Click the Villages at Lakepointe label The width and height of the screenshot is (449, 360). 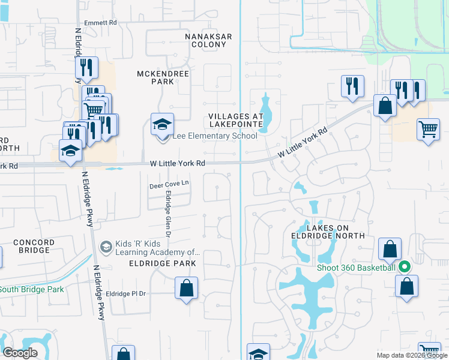point(236,120)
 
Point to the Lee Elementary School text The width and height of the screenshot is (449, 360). point(215,136)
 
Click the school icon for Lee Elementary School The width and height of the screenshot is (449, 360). point(162,125)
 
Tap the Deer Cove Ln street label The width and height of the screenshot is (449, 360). point(169,186)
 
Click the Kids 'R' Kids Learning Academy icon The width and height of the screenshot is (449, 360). point(106,247)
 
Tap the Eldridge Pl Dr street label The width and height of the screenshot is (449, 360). point(126,293)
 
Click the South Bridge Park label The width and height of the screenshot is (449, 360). point(31,289)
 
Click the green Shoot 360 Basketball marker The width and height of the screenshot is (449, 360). point(405,267)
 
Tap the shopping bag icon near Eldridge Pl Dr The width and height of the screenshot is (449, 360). point(187,288)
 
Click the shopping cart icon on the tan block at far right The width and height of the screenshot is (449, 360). point(428,129)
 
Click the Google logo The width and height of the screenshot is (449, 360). point(20,353)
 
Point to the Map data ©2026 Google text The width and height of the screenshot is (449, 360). point(412,355)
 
